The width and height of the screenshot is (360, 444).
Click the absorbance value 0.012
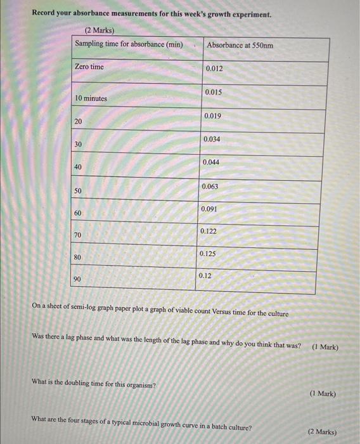click(x=214, y=69)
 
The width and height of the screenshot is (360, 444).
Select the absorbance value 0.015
click(x=214, y=92)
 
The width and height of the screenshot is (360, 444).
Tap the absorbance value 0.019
click(x=213, y=115)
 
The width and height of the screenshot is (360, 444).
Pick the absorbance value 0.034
click(x=212, y=139)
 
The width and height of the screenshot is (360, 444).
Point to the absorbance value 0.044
click(x=212, y=163)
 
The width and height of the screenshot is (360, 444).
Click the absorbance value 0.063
click(x=210, y=186)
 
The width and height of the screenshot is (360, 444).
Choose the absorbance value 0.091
click(x=210, y=209)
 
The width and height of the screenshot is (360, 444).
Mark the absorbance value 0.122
click(x=209, y=232)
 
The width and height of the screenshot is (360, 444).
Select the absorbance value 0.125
click(x=208, y=254)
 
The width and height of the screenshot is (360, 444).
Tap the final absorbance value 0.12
click(x=205, y=276)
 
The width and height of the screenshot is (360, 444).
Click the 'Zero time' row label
click(x=89, y=67)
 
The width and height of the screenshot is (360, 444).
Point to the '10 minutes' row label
click(x=91, y=98)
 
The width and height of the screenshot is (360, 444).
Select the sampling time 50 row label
click(x=77, y=191)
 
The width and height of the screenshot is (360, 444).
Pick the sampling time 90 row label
click(x=77, y=279)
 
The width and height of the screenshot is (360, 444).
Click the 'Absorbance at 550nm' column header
click(x=240, y=46)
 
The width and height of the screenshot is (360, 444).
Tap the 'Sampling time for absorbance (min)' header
click(x=129, y=44)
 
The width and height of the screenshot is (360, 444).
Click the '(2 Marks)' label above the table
click(x=100, y=31)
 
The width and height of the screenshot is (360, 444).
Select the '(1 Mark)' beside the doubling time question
click(x=323, y=394)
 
